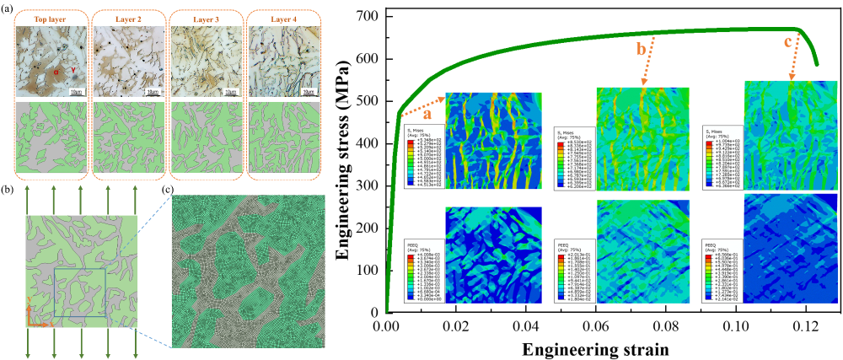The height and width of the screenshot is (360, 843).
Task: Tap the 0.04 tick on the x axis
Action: [526, 325]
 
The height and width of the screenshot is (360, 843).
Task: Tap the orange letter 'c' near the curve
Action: [788, 42]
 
